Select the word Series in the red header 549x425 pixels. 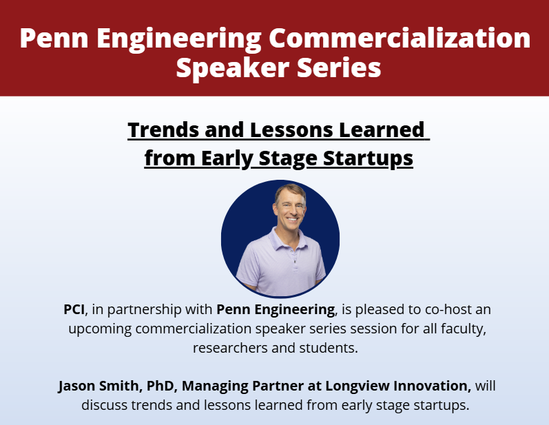tap(338, 68)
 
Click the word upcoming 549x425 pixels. tap(99, 328)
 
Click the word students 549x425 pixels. tap(331, 347)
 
